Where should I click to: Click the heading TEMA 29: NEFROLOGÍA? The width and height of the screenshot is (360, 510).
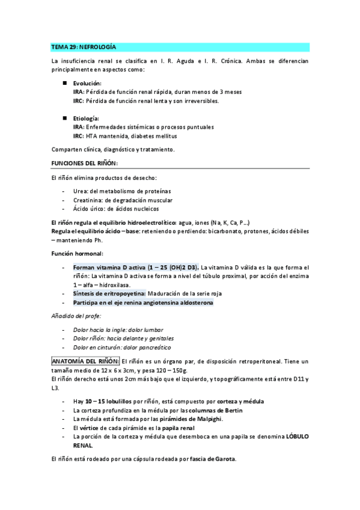84,46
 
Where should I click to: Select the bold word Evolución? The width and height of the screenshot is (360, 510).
87,83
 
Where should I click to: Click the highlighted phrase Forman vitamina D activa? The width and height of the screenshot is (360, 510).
106,267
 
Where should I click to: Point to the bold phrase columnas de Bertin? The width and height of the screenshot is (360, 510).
241,410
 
